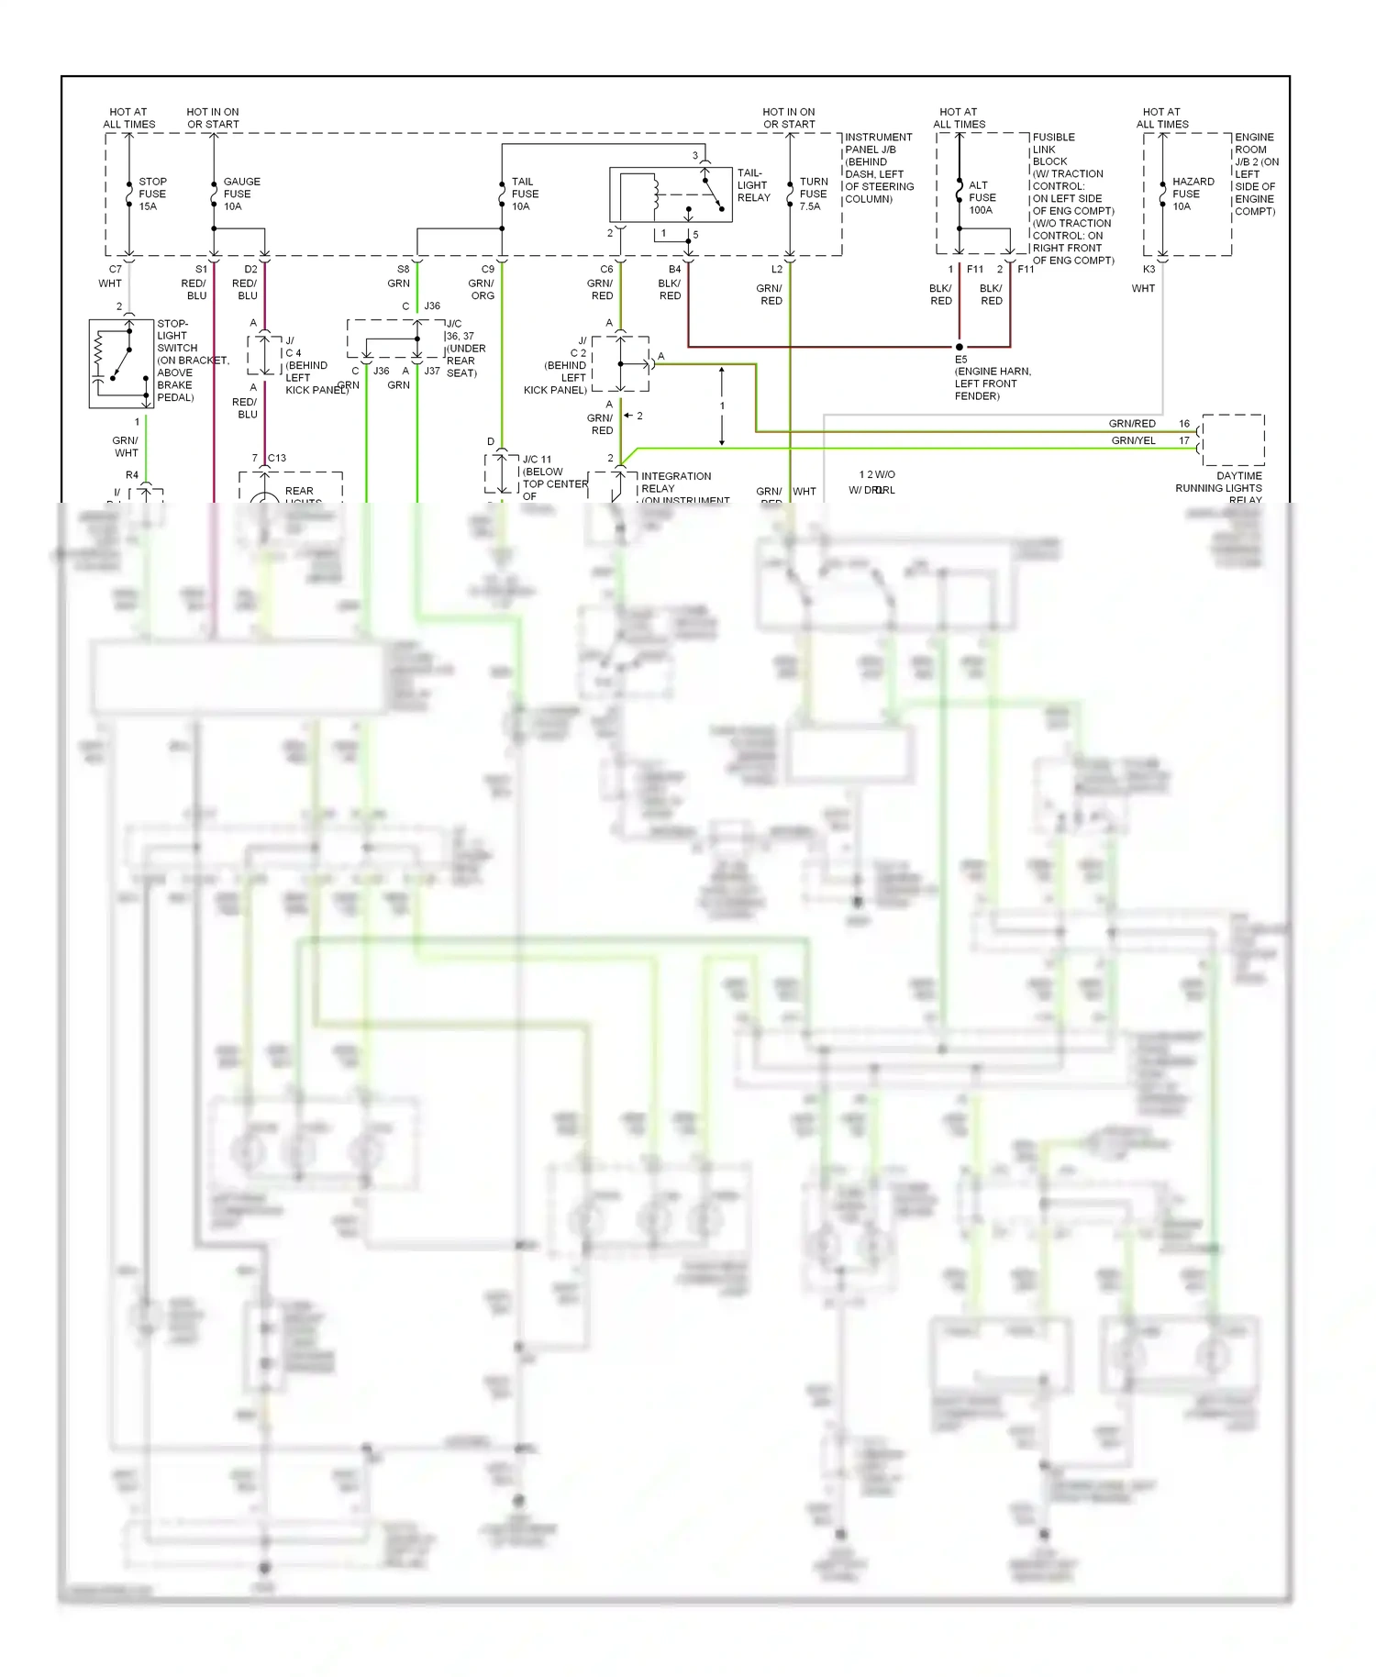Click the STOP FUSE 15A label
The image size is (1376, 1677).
[152, 194]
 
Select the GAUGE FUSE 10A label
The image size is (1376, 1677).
[241, 194]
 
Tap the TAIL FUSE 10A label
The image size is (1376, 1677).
[525, 194]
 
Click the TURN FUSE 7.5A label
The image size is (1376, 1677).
[813, 194]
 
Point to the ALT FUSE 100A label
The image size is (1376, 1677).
[982, 198]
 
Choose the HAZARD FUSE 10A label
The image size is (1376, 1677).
[1193, 194]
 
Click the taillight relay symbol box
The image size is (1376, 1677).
[671, 194]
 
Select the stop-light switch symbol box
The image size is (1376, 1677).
[121, 363]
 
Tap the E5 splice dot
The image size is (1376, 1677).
[960, 347]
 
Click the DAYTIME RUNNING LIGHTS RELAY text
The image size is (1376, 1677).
[1220, 488]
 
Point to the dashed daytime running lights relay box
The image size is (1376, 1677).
[1233, 440]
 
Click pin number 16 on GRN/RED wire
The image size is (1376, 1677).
[1184, 424]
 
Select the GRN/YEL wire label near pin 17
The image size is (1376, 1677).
[1133, 440]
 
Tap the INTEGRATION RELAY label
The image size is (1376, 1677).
[676, 483]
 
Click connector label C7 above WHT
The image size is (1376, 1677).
[116, 270]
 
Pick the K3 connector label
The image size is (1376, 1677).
[1149, 270]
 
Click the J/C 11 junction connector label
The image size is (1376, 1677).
[538, 460]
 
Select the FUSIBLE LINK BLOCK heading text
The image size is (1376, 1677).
[1053, 150]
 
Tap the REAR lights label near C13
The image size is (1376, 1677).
[299, 492]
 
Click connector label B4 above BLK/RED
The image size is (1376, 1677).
[674, 270]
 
